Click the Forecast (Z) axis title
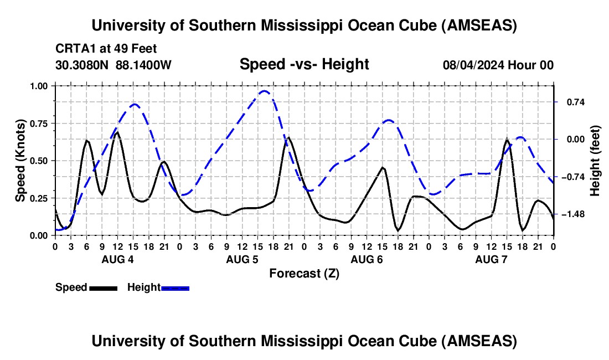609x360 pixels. [x=304, y=273]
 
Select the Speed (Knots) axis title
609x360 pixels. [x=20, y=160]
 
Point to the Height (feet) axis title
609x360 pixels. [x=595, y=160]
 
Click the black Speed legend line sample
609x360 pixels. [x=103, y=287]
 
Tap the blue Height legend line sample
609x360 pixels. [x=175, y=287]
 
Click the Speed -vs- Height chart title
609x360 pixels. [x=304, y=64]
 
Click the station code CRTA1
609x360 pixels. [x=72, y=48]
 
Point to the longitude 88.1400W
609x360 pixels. [x=144, y=65]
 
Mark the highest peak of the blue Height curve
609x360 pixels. [x=265, y=91]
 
